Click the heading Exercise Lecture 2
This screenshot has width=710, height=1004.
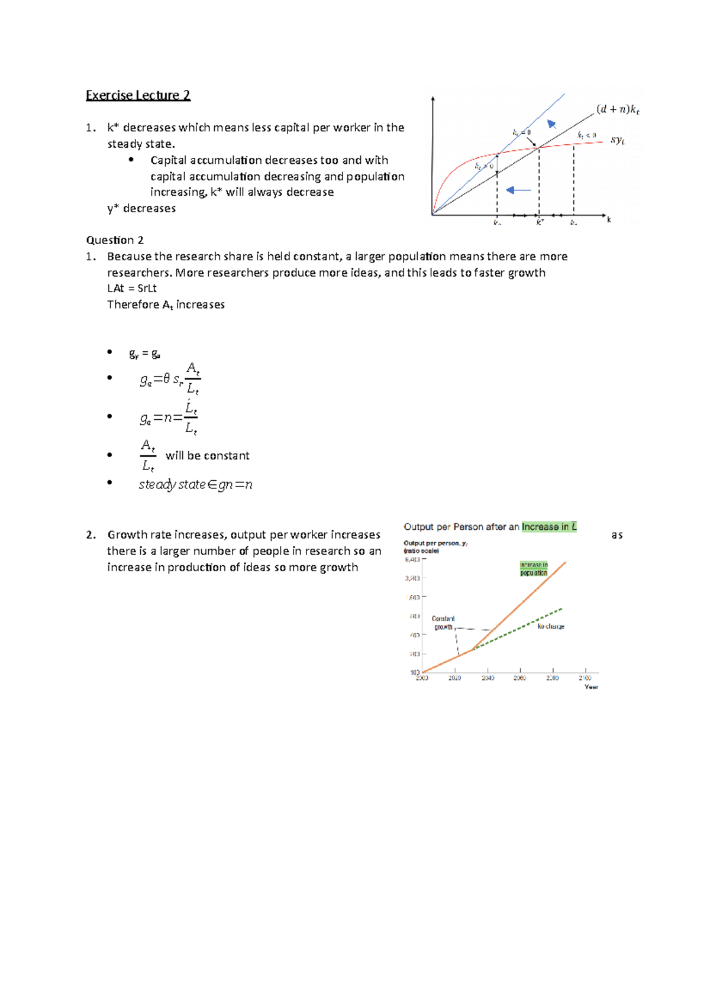tap(138, 95)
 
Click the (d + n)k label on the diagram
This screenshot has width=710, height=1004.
tap(618, 109)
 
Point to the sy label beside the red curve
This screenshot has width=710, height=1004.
tap(617, 140)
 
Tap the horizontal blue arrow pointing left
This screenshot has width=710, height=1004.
tap(519, 190)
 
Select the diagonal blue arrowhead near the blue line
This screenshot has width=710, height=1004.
tap(551, 124)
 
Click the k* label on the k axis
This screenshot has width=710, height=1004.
tap(540, 223)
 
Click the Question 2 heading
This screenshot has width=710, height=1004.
tap(115, 240)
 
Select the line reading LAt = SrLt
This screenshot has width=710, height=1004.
tap(132, 289)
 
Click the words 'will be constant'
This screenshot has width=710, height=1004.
tap(207, 456)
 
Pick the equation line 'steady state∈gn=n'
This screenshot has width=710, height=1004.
tap(195, 485)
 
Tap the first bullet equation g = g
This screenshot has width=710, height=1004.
tap(144, 354)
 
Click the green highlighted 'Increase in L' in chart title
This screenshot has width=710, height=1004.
tap(548, 527)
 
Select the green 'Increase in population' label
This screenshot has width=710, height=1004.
tap(534, 569)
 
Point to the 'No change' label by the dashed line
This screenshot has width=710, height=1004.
tap(551, 626)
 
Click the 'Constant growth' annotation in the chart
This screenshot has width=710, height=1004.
tap(443, 623)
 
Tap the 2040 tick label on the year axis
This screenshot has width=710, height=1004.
tap(488, 678)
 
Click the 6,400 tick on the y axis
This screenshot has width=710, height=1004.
tap(412, 559)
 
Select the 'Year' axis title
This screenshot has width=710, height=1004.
tap(591, 687)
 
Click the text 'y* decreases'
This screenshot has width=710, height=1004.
tap(141, 209)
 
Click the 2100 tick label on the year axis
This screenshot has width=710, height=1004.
tap(585, 678)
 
